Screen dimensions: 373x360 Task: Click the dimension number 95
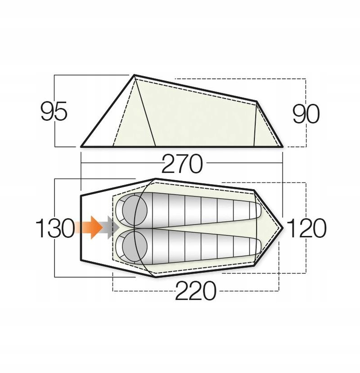click(54, 112)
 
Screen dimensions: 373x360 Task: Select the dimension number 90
click(306, 114)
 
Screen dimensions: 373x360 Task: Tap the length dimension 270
click(182, 165)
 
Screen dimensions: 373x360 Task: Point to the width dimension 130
click(54, 229)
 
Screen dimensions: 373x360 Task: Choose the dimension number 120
click(306, 229)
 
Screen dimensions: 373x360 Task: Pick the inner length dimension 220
click(195, 292)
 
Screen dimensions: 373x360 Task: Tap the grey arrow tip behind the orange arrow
click(114, 227)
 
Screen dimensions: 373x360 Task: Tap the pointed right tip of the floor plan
click(283, 227)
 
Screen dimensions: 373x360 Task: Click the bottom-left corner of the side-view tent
click(81, 146)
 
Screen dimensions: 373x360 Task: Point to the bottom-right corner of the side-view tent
click(283, 146)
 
